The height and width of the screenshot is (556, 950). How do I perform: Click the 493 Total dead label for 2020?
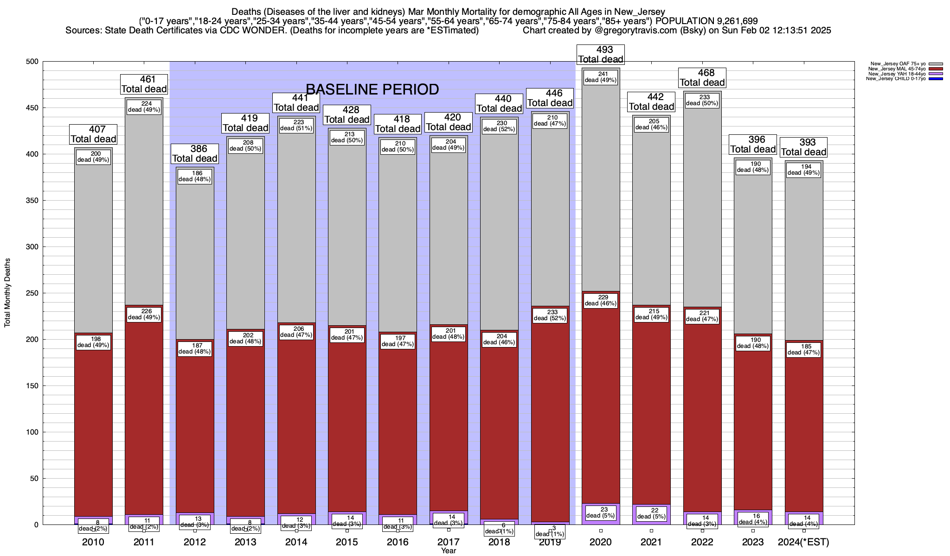[600, 54]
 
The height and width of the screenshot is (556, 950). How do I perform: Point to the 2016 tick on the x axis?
[398, 542]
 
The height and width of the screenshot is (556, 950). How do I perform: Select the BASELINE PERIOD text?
[372, 89]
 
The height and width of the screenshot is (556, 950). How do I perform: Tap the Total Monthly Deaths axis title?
[7, 293]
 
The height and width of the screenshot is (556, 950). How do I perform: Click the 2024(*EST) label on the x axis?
[803, 542]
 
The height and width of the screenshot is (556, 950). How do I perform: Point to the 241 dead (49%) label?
[601, 77]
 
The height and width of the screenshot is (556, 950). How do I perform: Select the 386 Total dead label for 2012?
[195, 153]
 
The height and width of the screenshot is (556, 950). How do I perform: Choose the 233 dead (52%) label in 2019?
[550, 315]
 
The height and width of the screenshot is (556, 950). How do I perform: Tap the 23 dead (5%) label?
[601, 512]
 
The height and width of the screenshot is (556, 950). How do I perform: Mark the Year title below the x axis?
[449, 551]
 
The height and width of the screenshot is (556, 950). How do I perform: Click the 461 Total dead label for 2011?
[144, 84]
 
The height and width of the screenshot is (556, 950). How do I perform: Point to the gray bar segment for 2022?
[702, 208]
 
